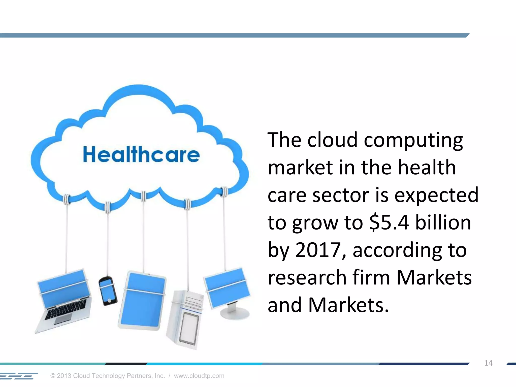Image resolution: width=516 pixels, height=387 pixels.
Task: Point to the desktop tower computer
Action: pos(185,320)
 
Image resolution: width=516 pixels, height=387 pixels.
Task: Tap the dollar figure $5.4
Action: pos(389,223)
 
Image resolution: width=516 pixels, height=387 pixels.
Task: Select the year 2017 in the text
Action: pos(318,250)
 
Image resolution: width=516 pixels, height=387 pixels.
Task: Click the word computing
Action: pos(413,140)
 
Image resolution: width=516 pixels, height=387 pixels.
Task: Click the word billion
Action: pos(443,223)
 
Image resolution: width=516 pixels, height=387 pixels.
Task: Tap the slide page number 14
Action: pos(488,363)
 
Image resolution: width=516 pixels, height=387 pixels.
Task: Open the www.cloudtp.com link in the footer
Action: pos(199,376)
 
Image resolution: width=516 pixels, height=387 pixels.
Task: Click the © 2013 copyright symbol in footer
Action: pos(53,376)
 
